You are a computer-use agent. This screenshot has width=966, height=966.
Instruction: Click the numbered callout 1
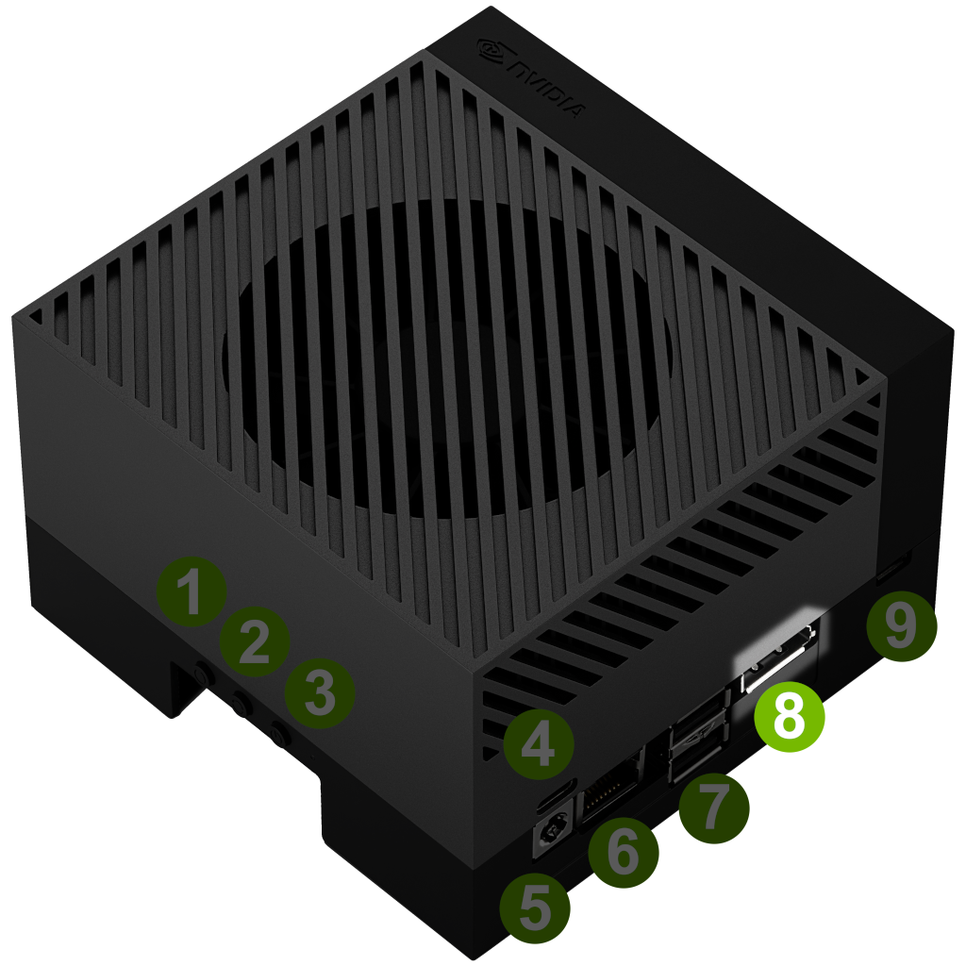[x=192, y=591]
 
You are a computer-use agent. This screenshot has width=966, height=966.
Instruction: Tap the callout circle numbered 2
[x=255, y=641]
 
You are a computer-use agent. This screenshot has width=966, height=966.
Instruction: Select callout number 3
[x=320, y=693]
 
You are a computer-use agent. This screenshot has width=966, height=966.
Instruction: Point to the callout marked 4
[x=539, y=743]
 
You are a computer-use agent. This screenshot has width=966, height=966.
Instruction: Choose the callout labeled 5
[x=535, y=908]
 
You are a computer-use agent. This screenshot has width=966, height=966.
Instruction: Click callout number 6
[x=624, y=852]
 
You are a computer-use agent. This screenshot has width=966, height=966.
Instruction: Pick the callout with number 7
[x=714, y=808]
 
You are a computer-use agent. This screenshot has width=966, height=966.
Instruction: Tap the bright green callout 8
[x=790, y=717]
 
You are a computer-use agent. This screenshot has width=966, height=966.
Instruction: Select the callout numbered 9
[x=901, y=626]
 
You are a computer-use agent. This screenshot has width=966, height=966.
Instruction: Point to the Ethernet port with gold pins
[x=611, y=786]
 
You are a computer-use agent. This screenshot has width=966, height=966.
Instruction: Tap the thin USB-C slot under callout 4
[x=557, y=794]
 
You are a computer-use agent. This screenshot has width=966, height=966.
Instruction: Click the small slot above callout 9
[x=892, y=566]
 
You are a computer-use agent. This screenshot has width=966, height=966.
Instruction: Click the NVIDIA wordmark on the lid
[x=546, y=91]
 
